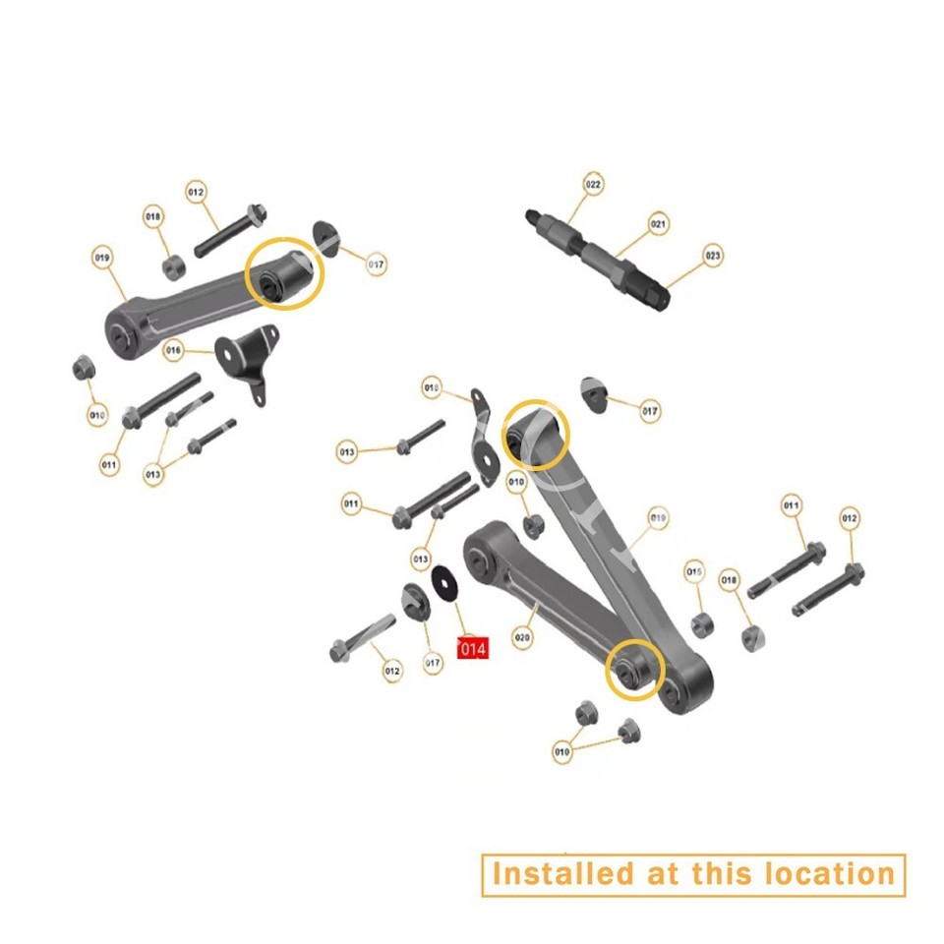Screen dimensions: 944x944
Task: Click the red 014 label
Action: [x=473, y=649]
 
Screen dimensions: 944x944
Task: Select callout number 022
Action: [x=593, y=184]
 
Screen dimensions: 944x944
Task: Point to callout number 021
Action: [x=658, y=224]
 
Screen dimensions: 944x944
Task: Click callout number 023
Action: [x=713, y=256]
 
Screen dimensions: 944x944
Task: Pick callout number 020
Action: [x=522, y=637]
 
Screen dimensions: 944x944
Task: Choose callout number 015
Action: [x=695, y=571]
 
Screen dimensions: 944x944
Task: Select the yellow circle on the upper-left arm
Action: [x=284, y=274]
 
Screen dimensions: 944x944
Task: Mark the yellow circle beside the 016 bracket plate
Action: [x=536, y=433]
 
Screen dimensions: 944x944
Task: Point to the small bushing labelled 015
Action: [x=703, y=623]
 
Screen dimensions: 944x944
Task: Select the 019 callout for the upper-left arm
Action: [x=103, y=259]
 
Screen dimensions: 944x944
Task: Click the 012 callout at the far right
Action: [x=849, y=517]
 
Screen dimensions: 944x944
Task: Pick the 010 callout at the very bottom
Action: [x=561, y=753]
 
